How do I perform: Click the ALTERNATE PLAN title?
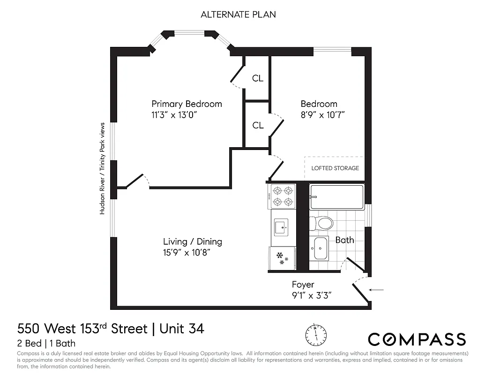(x=238, y=15)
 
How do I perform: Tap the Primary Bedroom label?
(x=187, y=104)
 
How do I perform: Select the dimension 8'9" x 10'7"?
(x=323, y=115)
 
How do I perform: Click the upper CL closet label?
(x=257, y=78)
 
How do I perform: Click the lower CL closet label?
(x=257, y=125)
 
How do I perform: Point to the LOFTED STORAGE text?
(x=335, y=168)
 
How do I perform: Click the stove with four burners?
(x=283, y=196)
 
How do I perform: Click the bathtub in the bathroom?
(x=336, y=197)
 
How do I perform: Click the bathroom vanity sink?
(x=321, y=248)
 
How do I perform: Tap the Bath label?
(x=344, y=240)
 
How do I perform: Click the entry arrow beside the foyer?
(x=376, y=290)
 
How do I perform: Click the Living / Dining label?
(x=193, y=242)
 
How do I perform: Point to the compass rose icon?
(x=315, y=334)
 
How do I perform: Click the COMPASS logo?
(x=417, y=339)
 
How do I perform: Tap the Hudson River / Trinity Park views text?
(x=102, y=169)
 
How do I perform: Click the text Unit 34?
(x=182, y=329)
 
